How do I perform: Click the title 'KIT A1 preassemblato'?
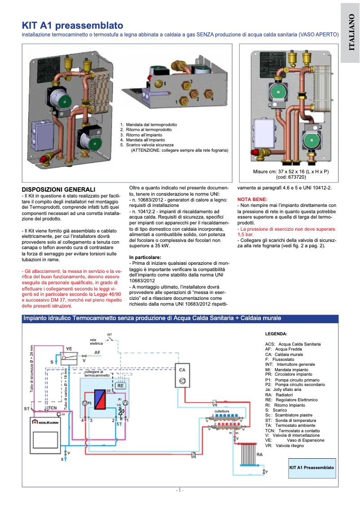(73, 25)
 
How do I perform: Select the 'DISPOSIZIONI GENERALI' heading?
(58, 190)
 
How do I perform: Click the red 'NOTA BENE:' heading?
(252, 199)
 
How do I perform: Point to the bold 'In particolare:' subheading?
(145, 257)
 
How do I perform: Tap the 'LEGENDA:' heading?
(276, 334)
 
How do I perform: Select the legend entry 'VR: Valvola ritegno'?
(287, 446)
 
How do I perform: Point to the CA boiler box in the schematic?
(182, 375)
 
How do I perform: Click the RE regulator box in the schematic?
(120, 385)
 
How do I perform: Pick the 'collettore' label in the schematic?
(222, 411)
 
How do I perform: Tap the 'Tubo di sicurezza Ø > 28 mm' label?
(32, 369)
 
